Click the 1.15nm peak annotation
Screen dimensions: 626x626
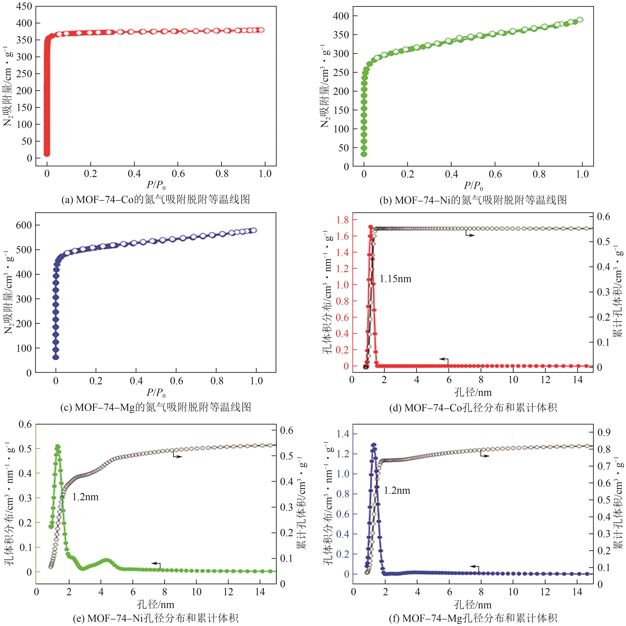[395, 279]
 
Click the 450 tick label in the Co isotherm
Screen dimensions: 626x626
[24, 6]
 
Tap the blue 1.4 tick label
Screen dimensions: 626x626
[343, 434]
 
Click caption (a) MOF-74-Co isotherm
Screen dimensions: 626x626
[156, 199]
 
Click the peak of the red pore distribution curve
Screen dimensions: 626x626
[371, 227]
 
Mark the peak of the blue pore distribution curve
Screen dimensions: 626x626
[373, 445]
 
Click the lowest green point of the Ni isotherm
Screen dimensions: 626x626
[364, 154]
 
